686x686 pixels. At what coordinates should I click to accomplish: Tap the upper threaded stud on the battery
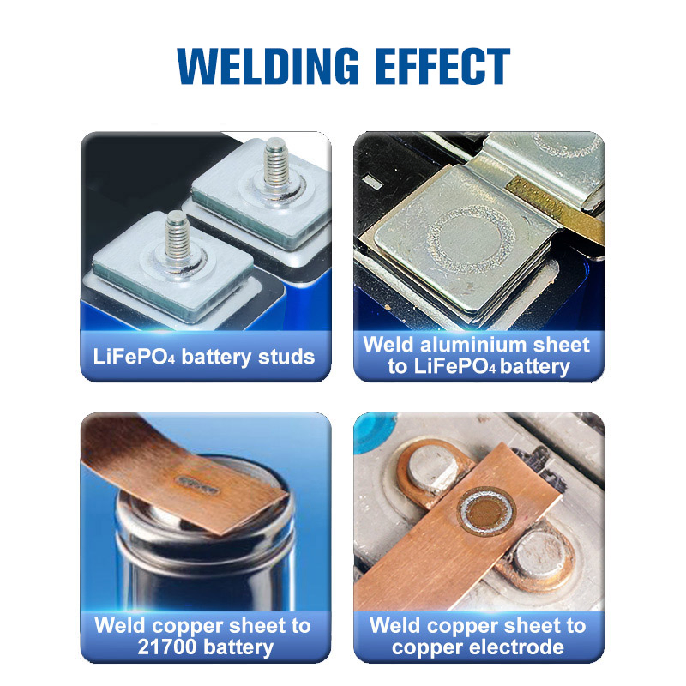coord(274,170)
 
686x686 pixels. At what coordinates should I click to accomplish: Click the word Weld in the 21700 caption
coord(119,624)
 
